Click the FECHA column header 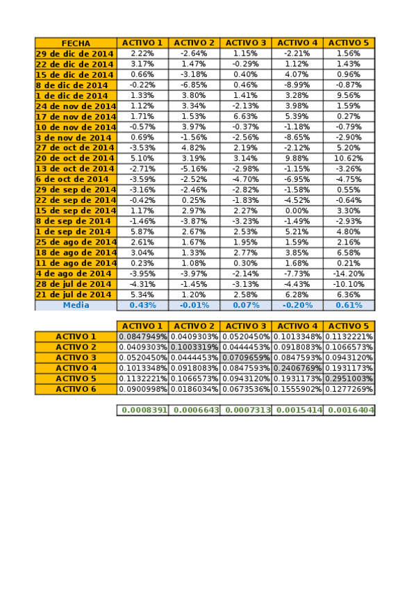[76, 43]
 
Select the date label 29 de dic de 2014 [75, 53]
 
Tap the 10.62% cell [349, 158]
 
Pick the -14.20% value [349, 274]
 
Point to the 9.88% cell [297, 158]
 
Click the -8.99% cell [297, 85]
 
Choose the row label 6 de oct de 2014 [72, 179]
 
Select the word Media [76, 305]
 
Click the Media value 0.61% [349, 305]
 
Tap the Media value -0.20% [297, 305]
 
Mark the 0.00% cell [297, 210]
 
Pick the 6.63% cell [245, 116]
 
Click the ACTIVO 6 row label [76, 389]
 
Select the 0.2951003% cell [349, 379]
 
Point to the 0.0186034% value [194, 389]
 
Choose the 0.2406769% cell [297, 368]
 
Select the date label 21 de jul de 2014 [74, 294]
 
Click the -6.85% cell [194, 85]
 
